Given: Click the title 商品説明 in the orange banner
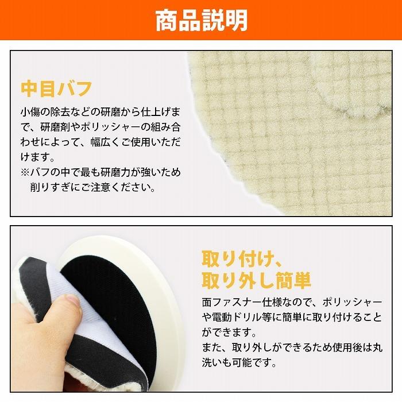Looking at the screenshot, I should point(201,20).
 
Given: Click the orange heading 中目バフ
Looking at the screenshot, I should point(56,89).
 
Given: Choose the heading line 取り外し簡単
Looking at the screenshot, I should point(256,281).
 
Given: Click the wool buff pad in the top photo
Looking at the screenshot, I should point(299,132).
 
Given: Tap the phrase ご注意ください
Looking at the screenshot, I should point(115,188).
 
